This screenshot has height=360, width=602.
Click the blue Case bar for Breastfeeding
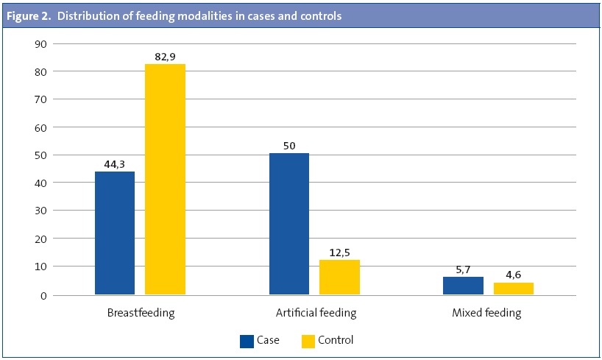(x=115, y=233)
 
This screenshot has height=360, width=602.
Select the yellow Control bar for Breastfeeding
(x=165, y=180)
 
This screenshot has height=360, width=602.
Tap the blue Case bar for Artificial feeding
(x=289, y=224)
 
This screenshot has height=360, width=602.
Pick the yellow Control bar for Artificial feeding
(x=339, y=277)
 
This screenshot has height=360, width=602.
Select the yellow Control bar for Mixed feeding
(x=513, y=289)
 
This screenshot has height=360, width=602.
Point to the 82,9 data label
(x=165, y=56)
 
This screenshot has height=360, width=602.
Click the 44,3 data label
(x=115, y=163)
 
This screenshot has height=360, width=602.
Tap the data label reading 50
(x=289, y=146)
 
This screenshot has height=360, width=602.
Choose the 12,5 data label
(x=339, y=252)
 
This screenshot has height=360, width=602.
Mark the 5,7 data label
(x=463, y=269)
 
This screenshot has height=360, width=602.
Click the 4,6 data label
(x=513, y=275)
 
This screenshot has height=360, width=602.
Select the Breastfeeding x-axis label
(x=141, y=313)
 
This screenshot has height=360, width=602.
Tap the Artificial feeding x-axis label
(x=316, y=313)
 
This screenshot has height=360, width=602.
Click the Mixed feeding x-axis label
(x=486, y=313)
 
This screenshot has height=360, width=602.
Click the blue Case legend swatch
(x=247, y=341)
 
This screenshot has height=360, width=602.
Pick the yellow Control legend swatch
(x=308, y=341)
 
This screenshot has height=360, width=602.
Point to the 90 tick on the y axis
(x=41, y=44)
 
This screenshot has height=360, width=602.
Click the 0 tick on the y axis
(x=44, y=295)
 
